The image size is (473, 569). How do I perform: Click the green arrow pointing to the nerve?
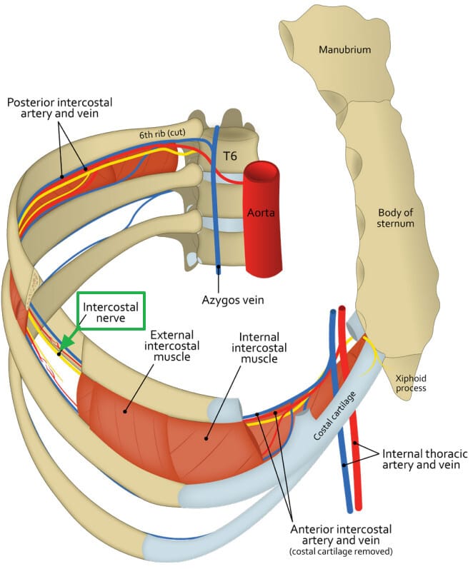66,345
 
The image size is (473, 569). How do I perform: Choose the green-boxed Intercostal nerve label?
111,312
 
